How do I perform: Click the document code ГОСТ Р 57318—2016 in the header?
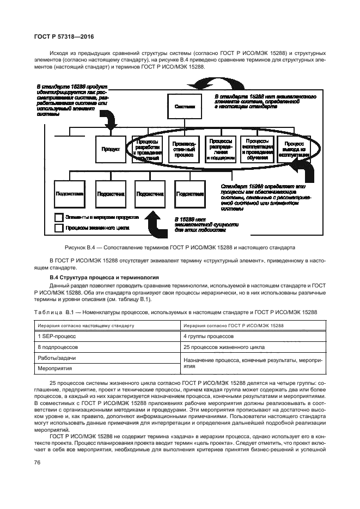point(57,36)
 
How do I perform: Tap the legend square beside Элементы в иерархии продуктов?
point(59,217)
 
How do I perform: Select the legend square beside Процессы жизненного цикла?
point(59,229)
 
